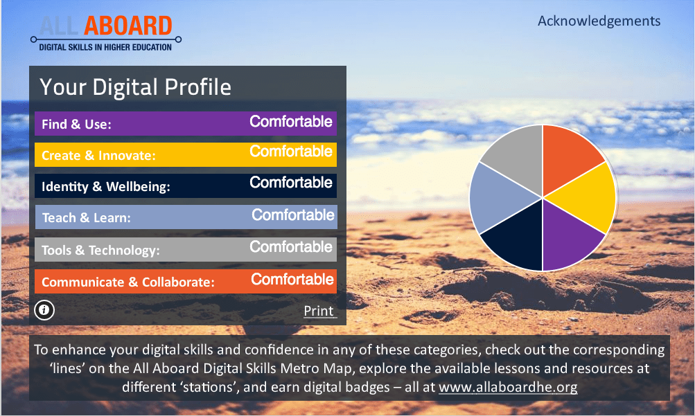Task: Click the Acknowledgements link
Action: pos(599,21)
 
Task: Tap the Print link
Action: pos(319,311)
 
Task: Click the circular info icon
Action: pos(44,310)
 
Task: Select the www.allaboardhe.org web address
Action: pos(508,387)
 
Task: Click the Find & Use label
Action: pos(76,125)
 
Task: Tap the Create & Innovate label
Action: pos(98,155)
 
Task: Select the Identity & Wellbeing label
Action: pos(105,187)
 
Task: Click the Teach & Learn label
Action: pos(87,218)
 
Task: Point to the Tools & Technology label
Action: pos(100,251)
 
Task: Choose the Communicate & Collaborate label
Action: pos(128,282)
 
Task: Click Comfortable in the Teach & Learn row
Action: pos(293,215)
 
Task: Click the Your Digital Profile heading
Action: pos(135,87)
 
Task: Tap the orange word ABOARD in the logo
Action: pos(127,26)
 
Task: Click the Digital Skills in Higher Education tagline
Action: pos(105,47)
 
